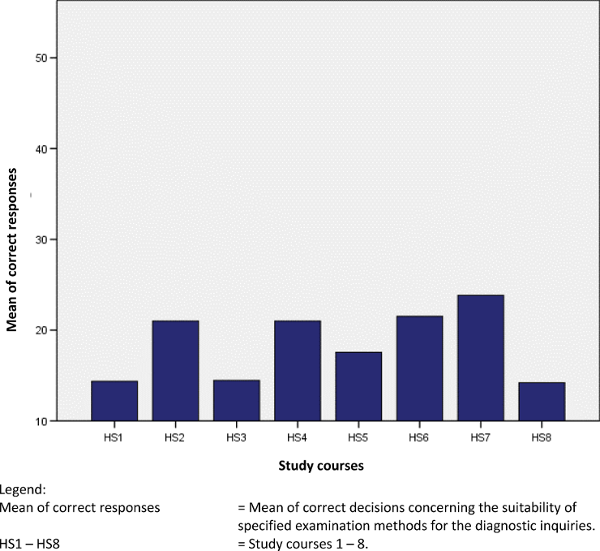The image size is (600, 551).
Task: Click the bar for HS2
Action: click(175, 371)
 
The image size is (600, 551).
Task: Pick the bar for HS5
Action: click(358, 386)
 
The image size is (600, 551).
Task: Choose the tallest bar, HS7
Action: click(481, 358)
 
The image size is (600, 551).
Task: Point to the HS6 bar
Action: click(419, 368)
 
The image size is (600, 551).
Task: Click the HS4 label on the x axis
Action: click(297, 437)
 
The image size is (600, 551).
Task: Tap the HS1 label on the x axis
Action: click(114, 437)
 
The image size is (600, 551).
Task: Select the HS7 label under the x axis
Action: click(481, 437)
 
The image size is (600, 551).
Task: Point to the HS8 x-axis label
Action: click(542, 437)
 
